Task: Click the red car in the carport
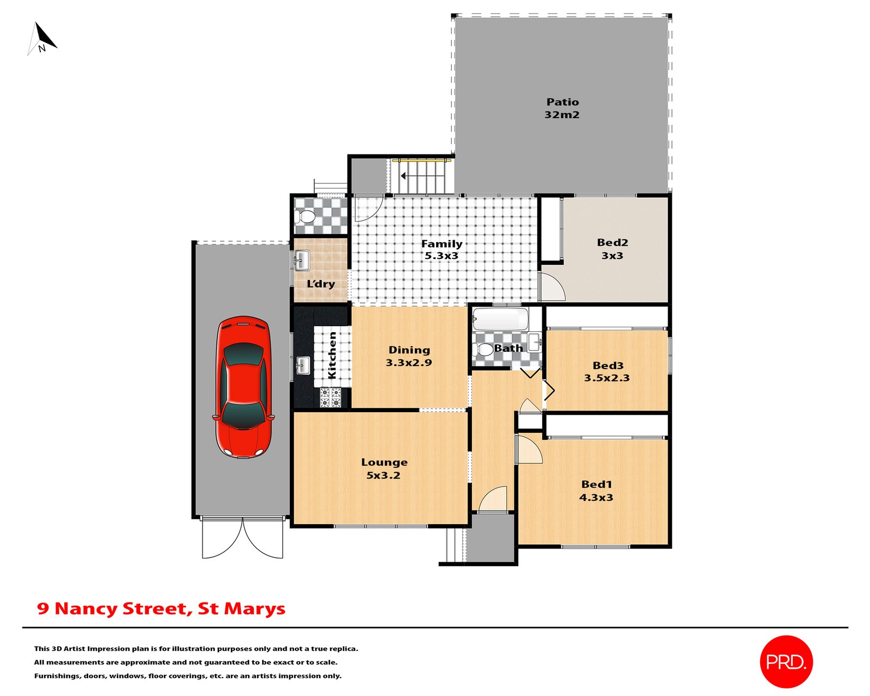click(243, 387)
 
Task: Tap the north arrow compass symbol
click(42, 39)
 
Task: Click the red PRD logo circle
click(786, 662)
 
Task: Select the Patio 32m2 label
click(562, 108)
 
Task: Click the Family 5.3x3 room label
click(442, 250)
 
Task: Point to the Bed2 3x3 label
click(612, 249)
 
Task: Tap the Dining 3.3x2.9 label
click(409, 356)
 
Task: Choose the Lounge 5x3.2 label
click(384, 468)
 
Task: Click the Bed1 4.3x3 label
click(596, 490)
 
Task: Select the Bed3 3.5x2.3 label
click(607, 371)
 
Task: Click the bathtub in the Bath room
click(500, 319)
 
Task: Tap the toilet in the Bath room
click(482, 349)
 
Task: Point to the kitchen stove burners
click(330, 397)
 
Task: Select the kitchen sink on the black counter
click(303, 365)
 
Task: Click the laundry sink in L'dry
click(302, 260)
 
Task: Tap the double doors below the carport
click(243, 538)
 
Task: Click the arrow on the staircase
click(403, 176)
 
